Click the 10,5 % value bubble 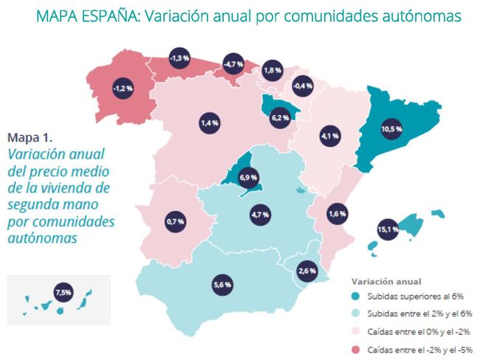(x=391, y=129)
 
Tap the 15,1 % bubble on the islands (x=388, y=229)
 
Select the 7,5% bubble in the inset (x=63, y=293)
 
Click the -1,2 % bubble (x=123, y=88)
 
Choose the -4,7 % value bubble (x=235, y=64)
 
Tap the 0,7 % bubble (x=176, y=221)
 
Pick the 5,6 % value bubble (x=222, y=283)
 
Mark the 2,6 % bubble (x=306, y=271)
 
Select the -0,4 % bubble (x=303, y=86)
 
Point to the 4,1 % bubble (x=329, y=136)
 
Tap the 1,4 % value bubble (x=209, y=123)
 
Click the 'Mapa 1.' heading (x=30, y=137)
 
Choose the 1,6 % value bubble (x=336, y=214)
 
